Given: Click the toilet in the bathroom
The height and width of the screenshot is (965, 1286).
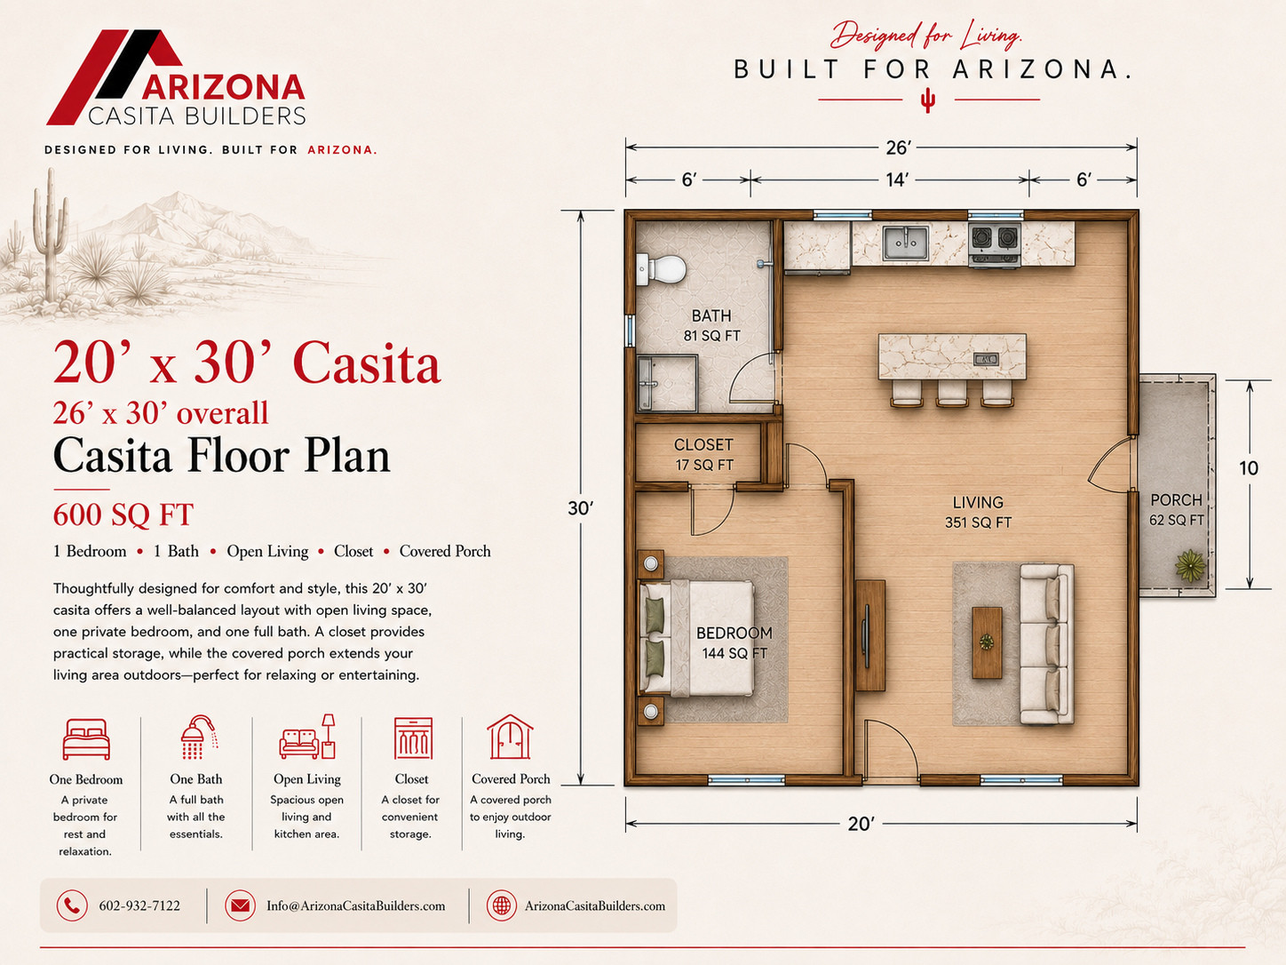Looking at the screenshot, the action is pos(662,269).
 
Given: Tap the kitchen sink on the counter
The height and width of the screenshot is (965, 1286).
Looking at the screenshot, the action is pos(906,243).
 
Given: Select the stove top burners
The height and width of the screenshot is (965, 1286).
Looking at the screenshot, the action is pos(994,238).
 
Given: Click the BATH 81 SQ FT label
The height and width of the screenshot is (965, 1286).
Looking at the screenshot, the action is pos(711,326).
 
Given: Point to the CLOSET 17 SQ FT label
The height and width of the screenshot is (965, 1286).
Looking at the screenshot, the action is pos(703,455).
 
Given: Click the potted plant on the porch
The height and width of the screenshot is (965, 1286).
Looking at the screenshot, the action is pos(1190,565).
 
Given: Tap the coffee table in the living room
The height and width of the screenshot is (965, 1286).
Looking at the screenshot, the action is pos(987,642).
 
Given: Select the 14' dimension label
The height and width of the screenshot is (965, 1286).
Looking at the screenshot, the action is pos(897,179).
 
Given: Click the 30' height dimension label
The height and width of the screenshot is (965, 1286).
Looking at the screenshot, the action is pos(580,508).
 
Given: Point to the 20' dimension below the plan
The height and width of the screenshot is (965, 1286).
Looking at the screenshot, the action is pos(861,824).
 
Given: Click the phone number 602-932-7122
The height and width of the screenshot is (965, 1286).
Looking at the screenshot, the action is pos(139,905).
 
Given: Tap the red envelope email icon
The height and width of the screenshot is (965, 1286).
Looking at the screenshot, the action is pos(240,905).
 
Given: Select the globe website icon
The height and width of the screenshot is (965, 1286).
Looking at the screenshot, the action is pos(502,905).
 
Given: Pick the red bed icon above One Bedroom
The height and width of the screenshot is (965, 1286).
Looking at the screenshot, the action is pos(86,738).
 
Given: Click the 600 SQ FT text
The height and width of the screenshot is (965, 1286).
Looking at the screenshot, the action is pos(123,514).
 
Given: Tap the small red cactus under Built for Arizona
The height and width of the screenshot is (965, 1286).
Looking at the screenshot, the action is pos(927,100).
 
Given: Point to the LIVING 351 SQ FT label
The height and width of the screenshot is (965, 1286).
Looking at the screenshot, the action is pos(978,512).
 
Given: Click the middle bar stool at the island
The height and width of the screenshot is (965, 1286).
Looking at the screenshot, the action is pos(951,393).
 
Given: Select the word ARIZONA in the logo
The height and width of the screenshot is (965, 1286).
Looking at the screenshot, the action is pos(223,88).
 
